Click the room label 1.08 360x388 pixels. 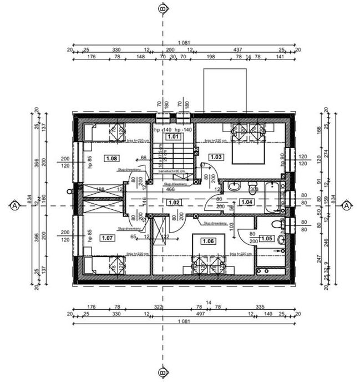[x=111, y=158]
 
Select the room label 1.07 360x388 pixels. [x=107, y=238]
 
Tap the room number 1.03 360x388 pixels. [x=216, y=157]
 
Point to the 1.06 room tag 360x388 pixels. [x=208, y=241]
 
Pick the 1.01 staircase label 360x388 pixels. [x=174, y=136]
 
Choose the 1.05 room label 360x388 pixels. [x=267, y=238]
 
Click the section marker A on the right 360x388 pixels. [x=347, y=206]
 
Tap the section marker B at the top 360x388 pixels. [x=163, y=8]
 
